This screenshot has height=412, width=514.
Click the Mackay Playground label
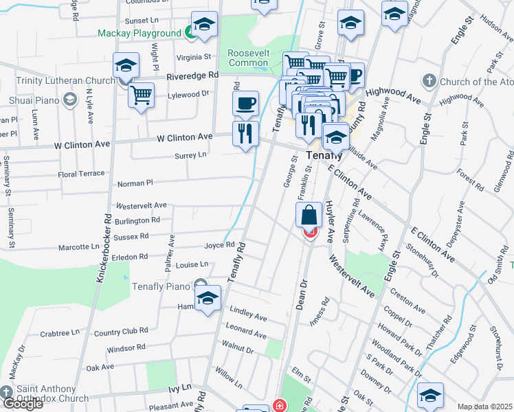point(139,33)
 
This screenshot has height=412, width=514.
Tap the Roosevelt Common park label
point(248,58)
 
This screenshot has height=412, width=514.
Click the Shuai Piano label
point(29,100)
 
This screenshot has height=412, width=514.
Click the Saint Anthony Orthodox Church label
point(52,393)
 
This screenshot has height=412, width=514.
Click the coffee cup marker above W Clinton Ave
point(245,104)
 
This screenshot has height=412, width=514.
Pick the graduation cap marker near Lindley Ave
point(207,299)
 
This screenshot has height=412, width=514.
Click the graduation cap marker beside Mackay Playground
point(204,26)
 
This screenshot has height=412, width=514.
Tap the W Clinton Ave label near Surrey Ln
point(184,137)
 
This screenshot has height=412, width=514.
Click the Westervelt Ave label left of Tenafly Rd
point(142,205)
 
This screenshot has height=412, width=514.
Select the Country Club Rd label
point(121,331)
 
